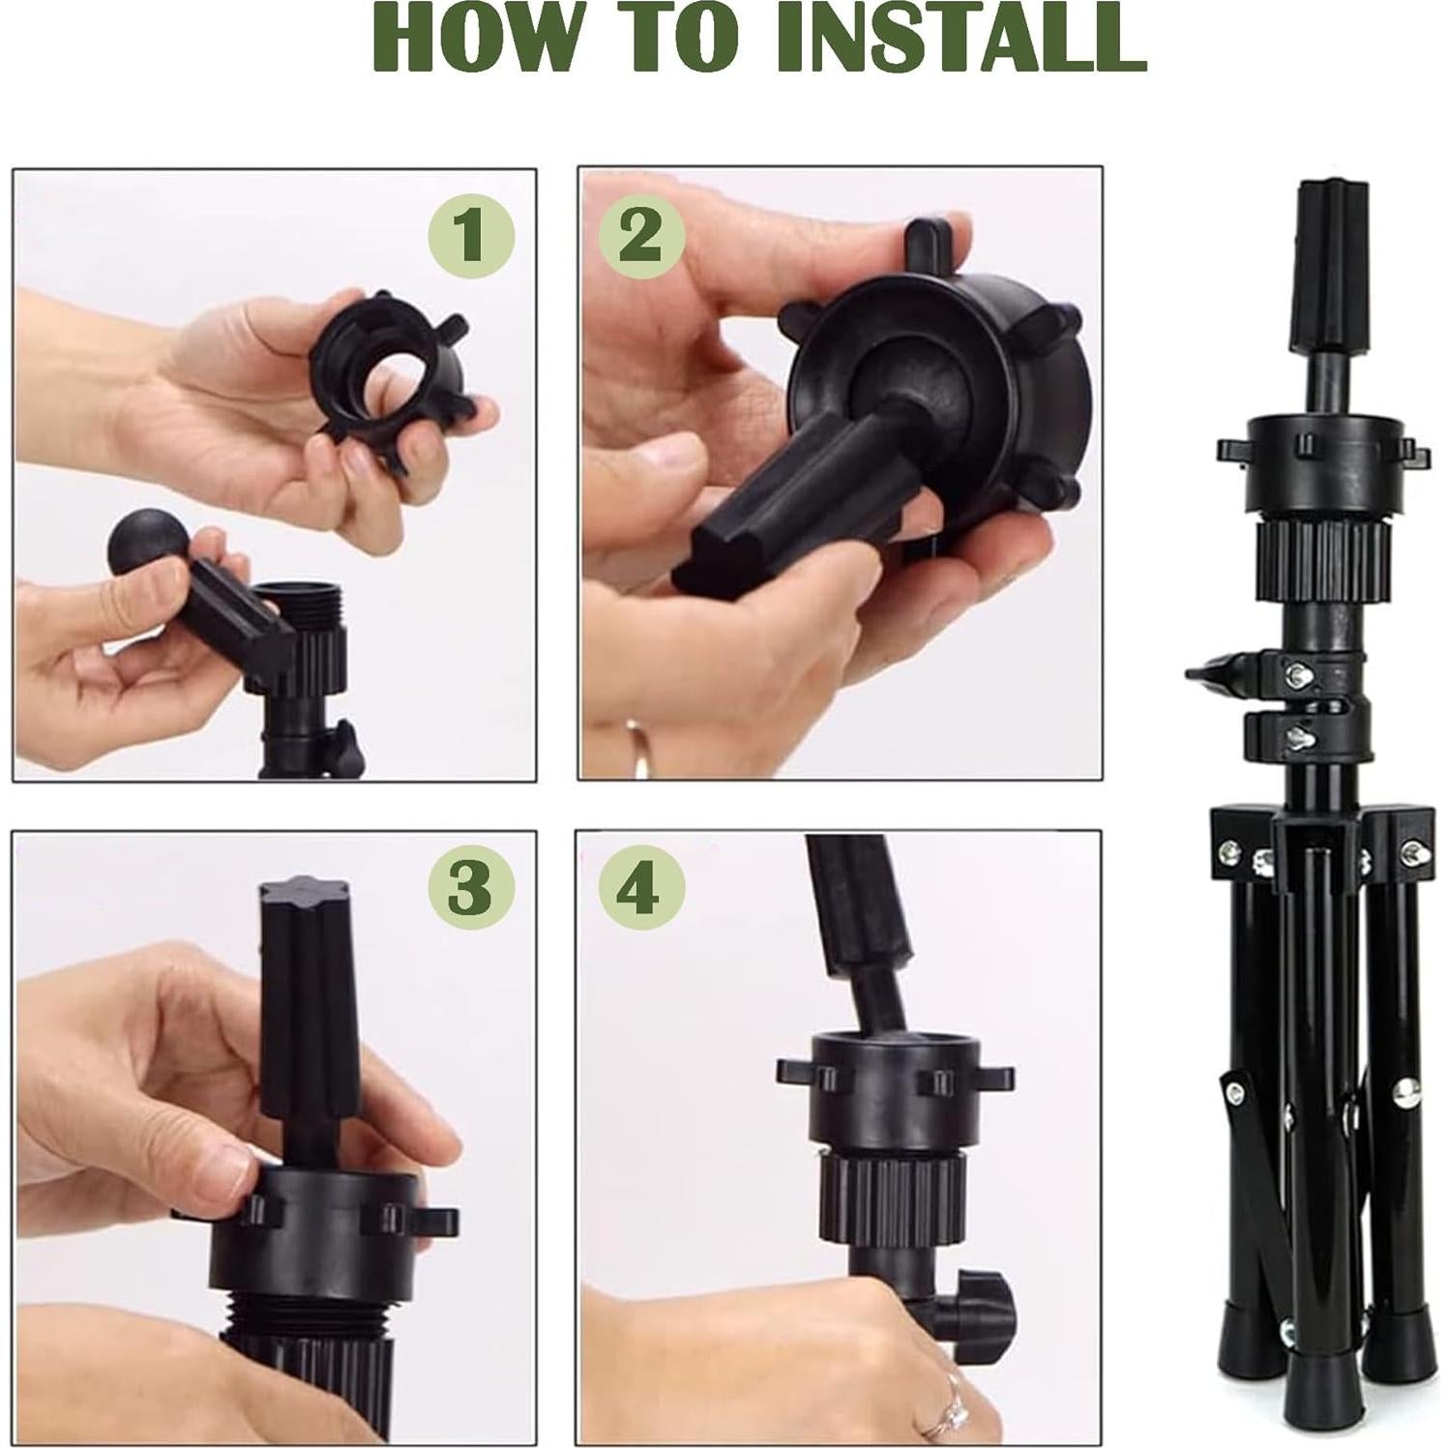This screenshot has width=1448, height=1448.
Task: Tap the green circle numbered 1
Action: click(470, 234)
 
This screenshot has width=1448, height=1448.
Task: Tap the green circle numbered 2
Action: click(640, 234)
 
